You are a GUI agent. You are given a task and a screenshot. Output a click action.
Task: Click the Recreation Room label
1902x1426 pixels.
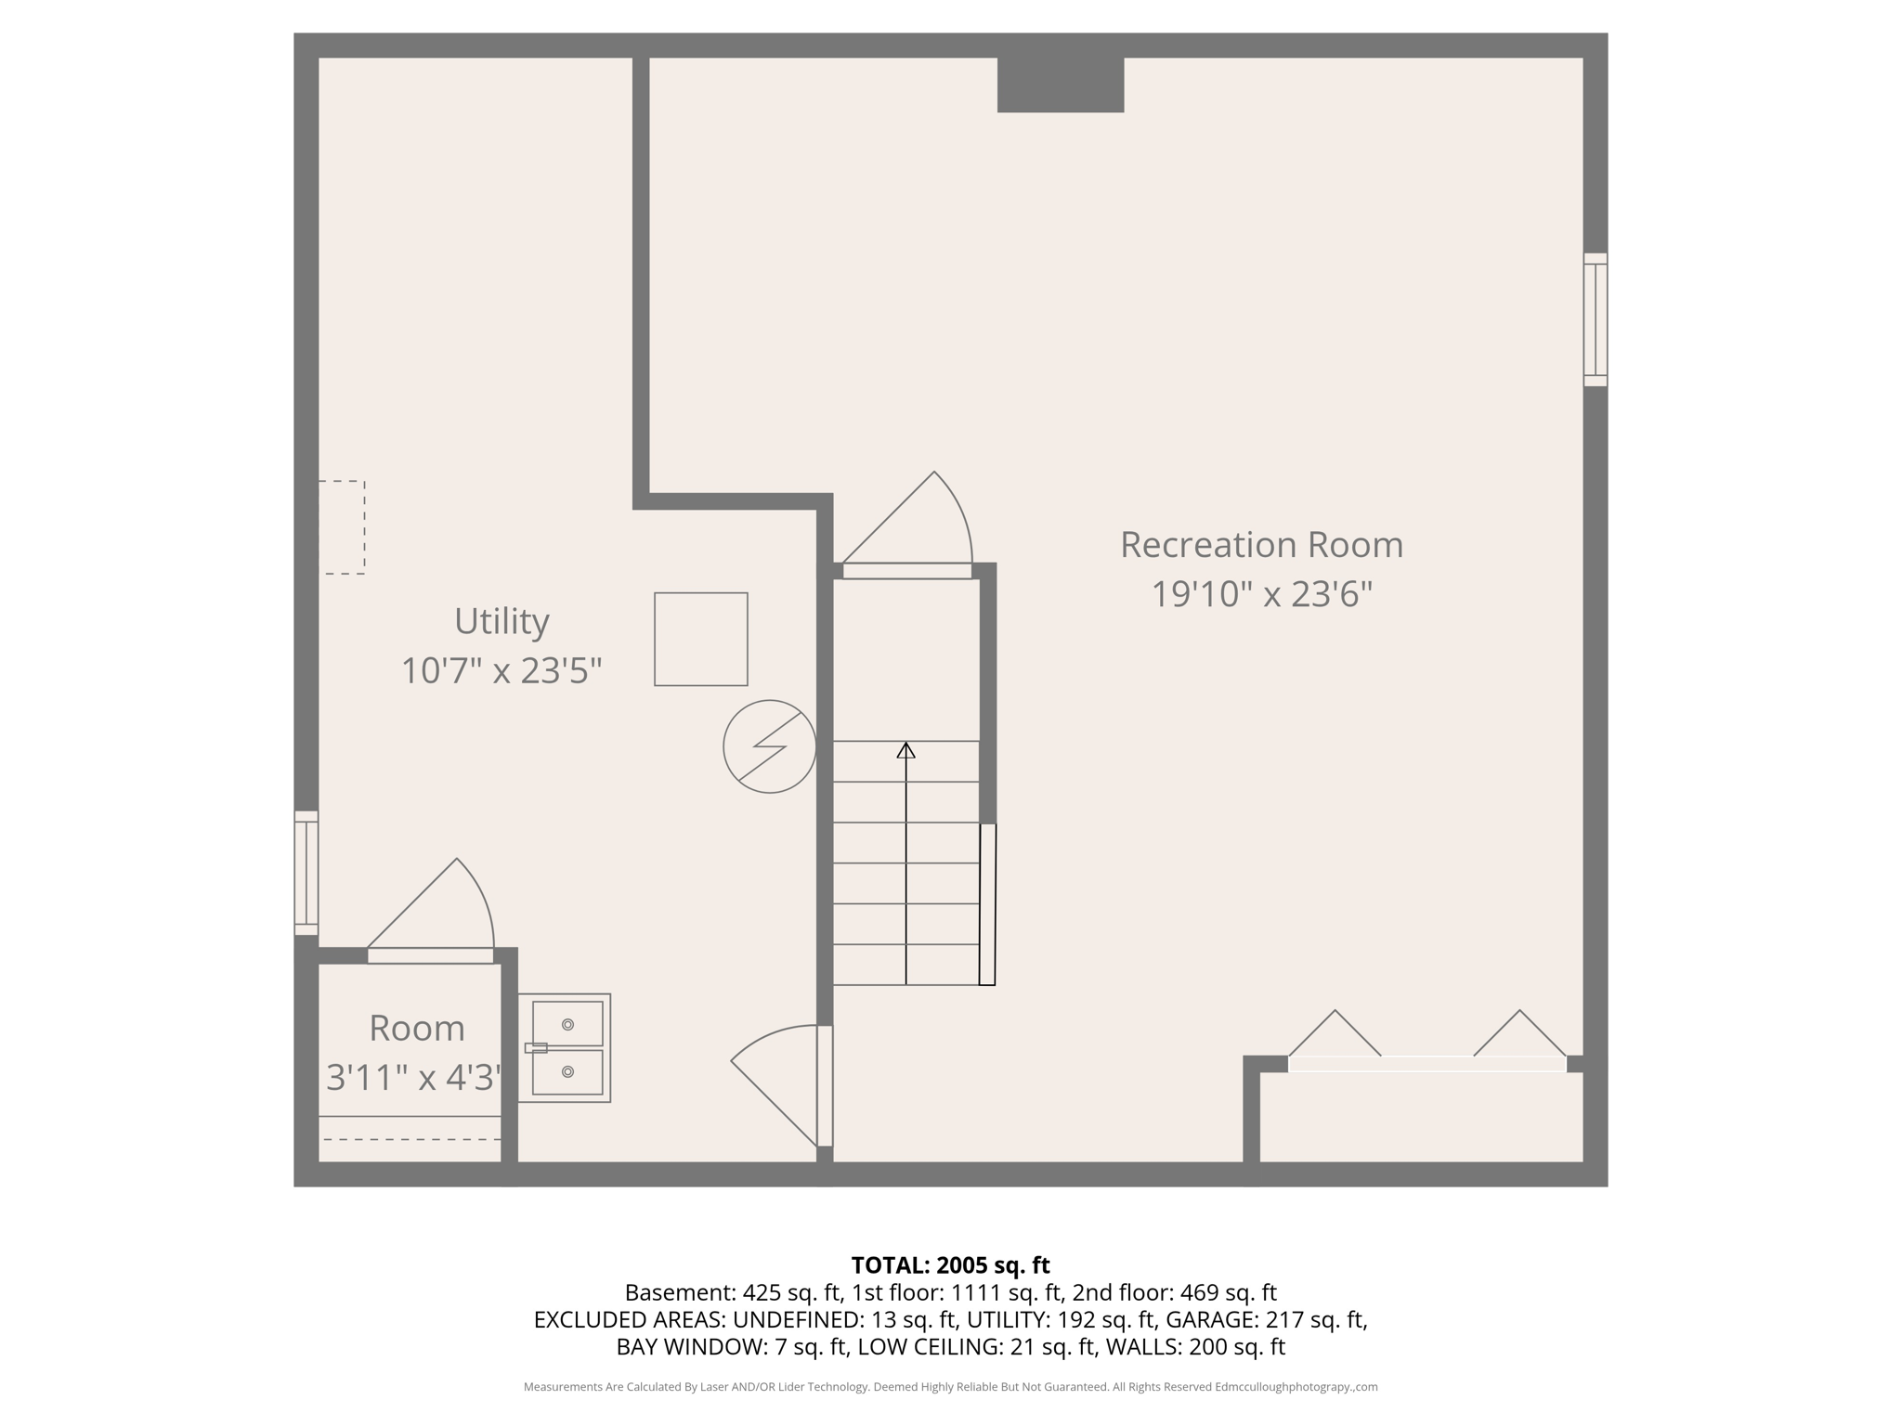1261,545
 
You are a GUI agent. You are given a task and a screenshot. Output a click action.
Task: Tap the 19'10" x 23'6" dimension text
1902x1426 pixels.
1261,594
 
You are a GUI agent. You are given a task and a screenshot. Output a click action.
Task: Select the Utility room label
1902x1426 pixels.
502,621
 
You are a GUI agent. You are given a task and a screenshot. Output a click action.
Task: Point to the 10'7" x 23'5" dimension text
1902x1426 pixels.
502,670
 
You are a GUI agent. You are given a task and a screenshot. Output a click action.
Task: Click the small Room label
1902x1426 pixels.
416,1029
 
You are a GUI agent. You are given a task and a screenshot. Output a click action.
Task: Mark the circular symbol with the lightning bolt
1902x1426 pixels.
769,746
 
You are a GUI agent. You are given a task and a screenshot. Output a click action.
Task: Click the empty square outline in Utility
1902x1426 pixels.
701,640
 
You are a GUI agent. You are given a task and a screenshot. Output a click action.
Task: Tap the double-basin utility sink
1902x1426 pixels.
565,1047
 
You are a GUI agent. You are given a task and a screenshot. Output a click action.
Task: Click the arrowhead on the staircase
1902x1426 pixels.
905,750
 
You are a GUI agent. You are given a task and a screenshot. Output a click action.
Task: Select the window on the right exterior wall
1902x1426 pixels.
1595,319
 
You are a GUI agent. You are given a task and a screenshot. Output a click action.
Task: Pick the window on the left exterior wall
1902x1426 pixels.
306,873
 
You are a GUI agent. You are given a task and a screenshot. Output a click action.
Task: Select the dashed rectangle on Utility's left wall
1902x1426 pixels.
342,527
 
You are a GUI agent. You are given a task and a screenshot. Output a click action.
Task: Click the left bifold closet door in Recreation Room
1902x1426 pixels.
1335,1035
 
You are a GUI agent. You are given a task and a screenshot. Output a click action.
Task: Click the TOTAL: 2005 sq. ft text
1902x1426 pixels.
950,1265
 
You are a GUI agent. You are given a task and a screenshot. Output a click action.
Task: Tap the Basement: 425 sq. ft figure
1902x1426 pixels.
732,1292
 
